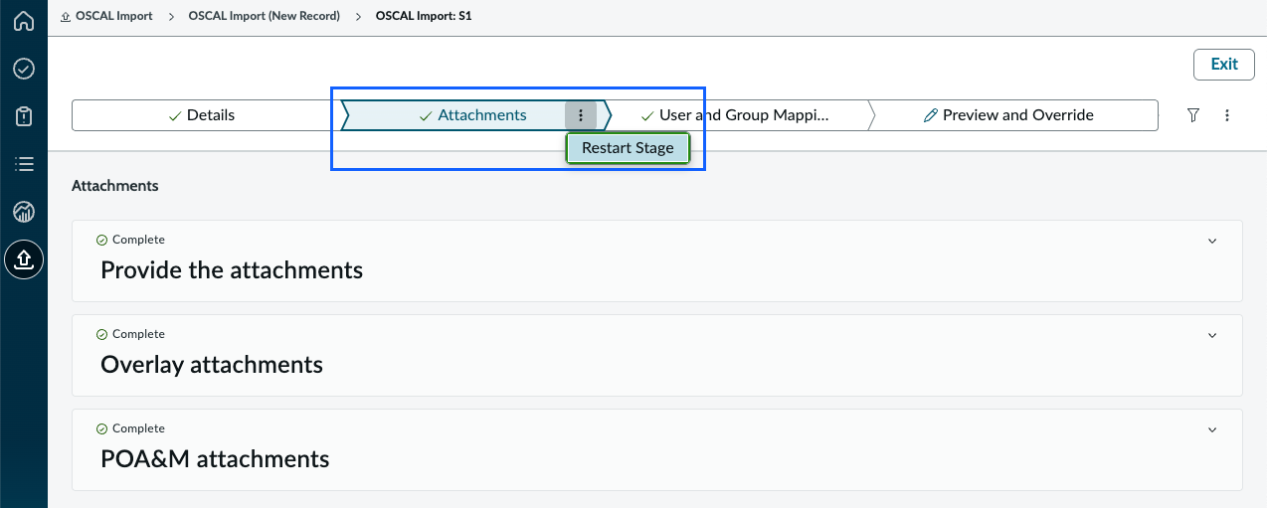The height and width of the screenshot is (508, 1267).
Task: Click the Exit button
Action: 1224,65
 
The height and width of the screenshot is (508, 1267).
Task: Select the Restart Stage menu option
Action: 628,148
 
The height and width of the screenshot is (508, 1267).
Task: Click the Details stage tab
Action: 202,115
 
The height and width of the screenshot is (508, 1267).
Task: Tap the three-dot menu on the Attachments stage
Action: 581,115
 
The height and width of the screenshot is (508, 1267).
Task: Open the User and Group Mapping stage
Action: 735,115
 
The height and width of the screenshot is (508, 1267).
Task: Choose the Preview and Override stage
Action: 1009,115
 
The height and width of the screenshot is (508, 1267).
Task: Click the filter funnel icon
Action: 1192,115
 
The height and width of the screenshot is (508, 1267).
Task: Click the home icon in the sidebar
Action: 24,21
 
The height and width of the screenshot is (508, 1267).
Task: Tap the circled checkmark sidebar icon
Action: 24,69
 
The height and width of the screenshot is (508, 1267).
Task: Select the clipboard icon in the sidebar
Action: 24,116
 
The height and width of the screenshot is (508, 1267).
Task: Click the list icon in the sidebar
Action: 24,164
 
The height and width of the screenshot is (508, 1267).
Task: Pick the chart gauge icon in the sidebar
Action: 24,212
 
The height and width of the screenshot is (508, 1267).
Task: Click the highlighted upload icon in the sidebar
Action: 24,259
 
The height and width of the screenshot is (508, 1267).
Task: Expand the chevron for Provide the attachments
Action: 1212,241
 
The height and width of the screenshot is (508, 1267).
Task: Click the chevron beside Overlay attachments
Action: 1212,335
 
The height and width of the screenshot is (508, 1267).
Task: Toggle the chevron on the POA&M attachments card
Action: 1212,429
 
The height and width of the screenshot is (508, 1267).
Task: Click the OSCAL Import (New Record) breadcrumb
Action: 265,16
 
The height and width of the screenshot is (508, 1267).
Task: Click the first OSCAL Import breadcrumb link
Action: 106,16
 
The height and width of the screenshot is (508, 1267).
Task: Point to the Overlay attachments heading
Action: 212,365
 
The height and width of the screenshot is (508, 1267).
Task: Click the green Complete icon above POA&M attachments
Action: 101,428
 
